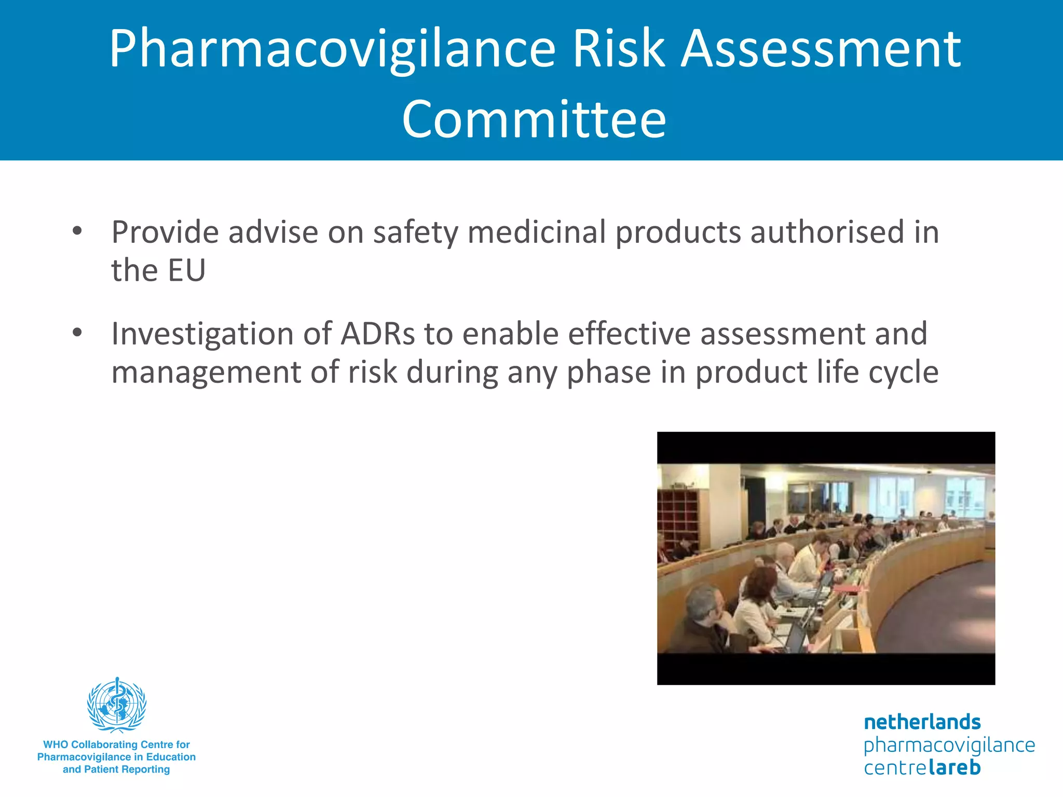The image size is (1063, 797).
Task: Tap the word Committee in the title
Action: pos(534,119)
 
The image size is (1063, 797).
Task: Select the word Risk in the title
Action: pos(618,49)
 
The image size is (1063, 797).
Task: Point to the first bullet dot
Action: pos(77,231)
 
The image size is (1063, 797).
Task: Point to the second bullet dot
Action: pos(77,333)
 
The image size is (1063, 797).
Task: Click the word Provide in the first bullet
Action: pos(165,232)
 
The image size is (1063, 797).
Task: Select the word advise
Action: pos(273,232)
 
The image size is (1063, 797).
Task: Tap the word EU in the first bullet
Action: pos(187,271)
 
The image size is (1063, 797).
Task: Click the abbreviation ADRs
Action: pos(377,334)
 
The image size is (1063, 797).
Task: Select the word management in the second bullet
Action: pos(206,373)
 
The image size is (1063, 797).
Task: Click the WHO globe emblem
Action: pos(117,705)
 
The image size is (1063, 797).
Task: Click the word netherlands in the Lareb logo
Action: pos(922,722)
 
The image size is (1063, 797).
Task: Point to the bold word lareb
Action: pos(954,767)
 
